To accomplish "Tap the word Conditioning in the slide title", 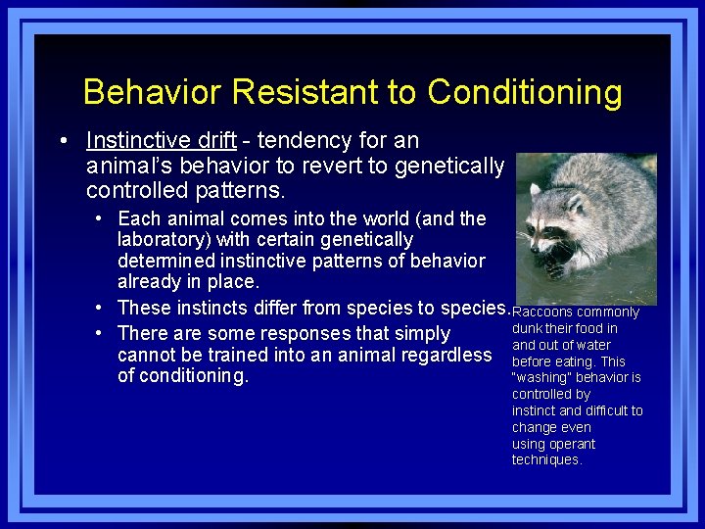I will pos(524,92).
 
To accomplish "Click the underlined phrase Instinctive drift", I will pos(162,141).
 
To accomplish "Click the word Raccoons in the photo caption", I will pos(542,313).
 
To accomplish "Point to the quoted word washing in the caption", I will pos(541,378).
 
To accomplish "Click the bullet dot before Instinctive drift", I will pos(64,141).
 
